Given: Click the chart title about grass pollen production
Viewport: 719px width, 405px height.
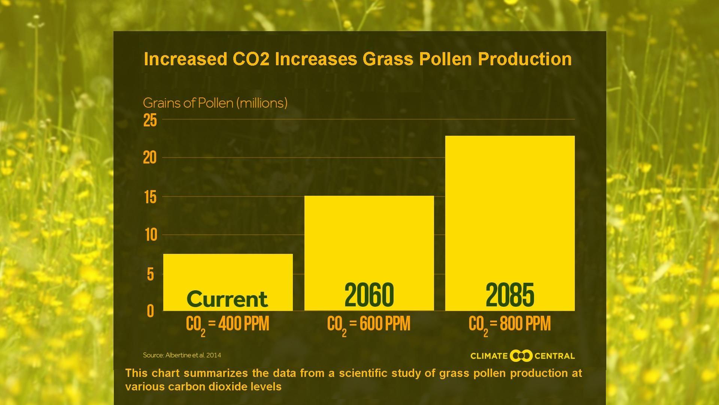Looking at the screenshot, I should coord(358,59).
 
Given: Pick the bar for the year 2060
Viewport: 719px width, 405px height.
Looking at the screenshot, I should coord(369,244).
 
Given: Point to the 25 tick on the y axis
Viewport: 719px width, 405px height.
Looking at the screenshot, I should coord(150,121).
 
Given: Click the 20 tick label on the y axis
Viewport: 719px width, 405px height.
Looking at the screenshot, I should coord(150,158).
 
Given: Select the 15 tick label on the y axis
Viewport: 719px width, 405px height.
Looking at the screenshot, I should coord(150,197).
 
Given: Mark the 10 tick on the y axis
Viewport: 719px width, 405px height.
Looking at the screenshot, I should coord(151,235).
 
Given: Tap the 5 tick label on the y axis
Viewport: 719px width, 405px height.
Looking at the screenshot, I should coord(151,274).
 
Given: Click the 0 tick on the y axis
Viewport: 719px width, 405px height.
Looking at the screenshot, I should coord(151,311).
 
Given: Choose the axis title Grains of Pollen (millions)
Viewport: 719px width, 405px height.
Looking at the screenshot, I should coord(215,103).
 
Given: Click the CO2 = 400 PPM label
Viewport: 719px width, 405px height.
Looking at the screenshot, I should coord(227,324).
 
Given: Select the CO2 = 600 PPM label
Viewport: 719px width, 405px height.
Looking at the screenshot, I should coord(368,324).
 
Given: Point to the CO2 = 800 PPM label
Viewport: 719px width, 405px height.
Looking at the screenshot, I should coord(510,324).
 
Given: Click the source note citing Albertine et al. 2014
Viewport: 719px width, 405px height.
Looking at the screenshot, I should coord(182,355).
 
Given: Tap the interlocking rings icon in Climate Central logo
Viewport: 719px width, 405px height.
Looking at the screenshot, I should coord(521,355).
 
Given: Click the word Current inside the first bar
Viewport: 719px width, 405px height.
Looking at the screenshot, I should coord(227,299).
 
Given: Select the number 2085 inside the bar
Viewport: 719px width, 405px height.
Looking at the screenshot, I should coord(510,295).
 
